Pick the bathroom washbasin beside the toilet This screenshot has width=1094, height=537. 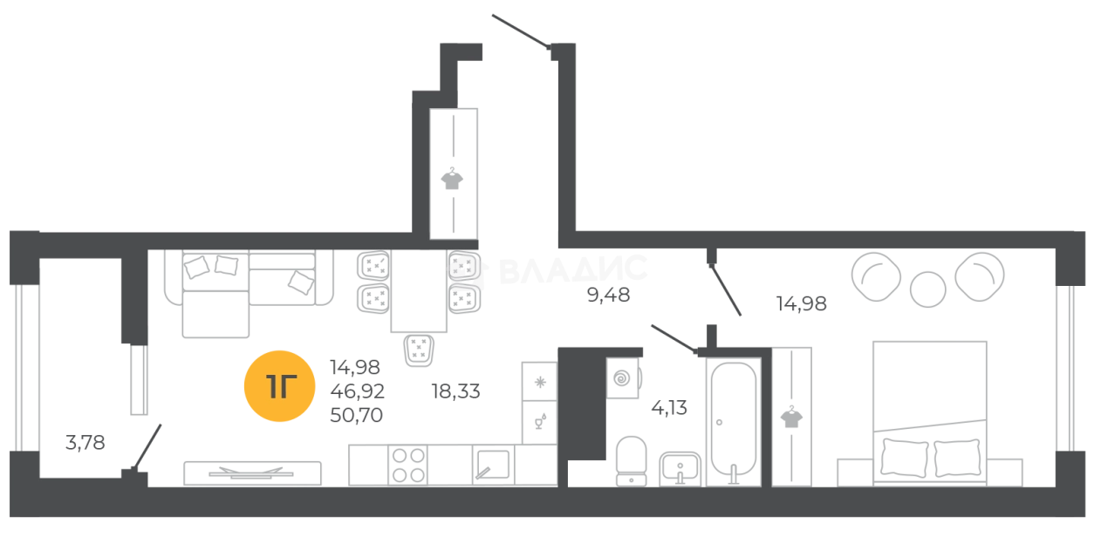pyautogui.click(x=679, y=467)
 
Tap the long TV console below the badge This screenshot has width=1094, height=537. pyautogui.click(x=254, y=473)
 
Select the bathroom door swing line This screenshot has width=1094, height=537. pyautogui.click(x=677, y=340)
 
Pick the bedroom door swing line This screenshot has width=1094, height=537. pyautogui.click(x=726, y=284)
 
